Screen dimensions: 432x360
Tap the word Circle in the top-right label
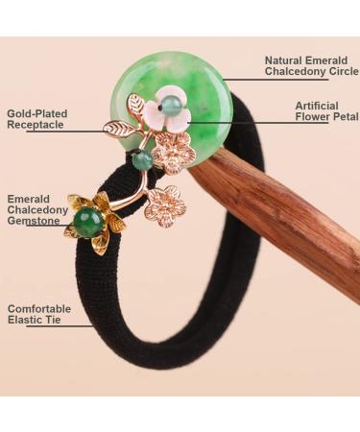click(x=342, y=72)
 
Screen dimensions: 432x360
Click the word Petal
click(x=343, y=116)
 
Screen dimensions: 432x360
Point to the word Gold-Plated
click(x=37, y=113)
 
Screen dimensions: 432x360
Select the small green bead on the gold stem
click(x=141, y=160)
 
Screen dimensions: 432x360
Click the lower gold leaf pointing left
click(x=120, y=128)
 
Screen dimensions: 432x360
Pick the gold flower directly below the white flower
click(x=174, y=151)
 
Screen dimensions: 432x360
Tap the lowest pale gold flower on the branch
click(x=164, y=205)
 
